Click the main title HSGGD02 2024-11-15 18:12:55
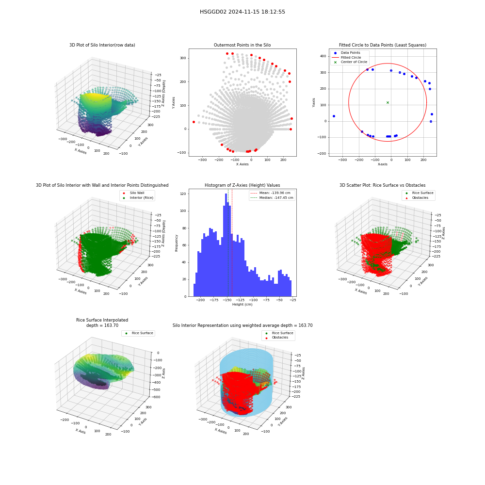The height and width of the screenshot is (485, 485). click(x=242, y=12)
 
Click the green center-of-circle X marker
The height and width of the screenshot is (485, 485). click(x=388, y=102)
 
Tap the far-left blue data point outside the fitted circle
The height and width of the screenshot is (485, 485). click(x=334, y=116)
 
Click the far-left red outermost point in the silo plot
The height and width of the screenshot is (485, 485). click(x=194, y=122)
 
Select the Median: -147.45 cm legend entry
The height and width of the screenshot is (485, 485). click(x=272, y=198)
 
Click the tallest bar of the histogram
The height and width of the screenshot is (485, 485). click(x=226, y=245)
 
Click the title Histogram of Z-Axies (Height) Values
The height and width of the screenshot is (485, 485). click(x=242, y=185)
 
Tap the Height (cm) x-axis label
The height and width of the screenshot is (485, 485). click(x=242, y=305)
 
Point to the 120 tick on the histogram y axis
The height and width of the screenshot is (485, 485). click(x=183, y=194)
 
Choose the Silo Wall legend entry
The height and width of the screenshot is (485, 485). click(x=134, y=193)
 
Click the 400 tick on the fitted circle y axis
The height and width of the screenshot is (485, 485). click(x=323, y=56)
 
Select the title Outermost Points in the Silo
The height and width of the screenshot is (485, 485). click(x=242, y=45)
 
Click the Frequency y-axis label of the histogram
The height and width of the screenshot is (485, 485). click(x=177, y=243)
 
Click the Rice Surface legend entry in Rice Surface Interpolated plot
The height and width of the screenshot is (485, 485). click(x=139, y=333)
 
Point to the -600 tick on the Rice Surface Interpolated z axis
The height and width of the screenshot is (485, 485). click(x=157, y=397)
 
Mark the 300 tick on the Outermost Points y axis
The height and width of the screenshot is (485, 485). click(x=183, y=58)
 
